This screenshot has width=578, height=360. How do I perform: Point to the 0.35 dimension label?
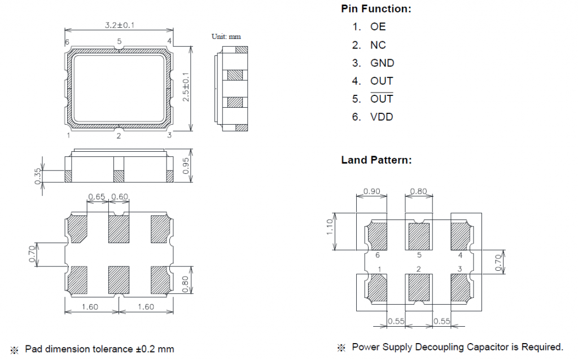coord(38,176)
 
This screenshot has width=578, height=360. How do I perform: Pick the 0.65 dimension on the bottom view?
coord(97,196)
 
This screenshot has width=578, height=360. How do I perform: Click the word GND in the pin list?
coord(382,63)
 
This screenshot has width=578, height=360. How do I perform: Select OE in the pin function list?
coord(378,27)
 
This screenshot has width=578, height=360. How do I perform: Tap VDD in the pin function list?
coord(382,117)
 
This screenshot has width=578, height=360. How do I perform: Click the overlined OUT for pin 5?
coord(382,99)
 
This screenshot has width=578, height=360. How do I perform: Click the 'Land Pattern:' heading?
coord(376,160)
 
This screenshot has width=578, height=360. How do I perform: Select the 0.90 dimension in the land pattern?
coord(371,191)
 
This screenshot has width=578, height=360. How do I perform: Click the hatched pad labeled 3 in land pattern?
coord(461,287)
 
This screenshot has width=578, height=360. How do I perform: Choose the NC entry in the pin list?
coord(378,45)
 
